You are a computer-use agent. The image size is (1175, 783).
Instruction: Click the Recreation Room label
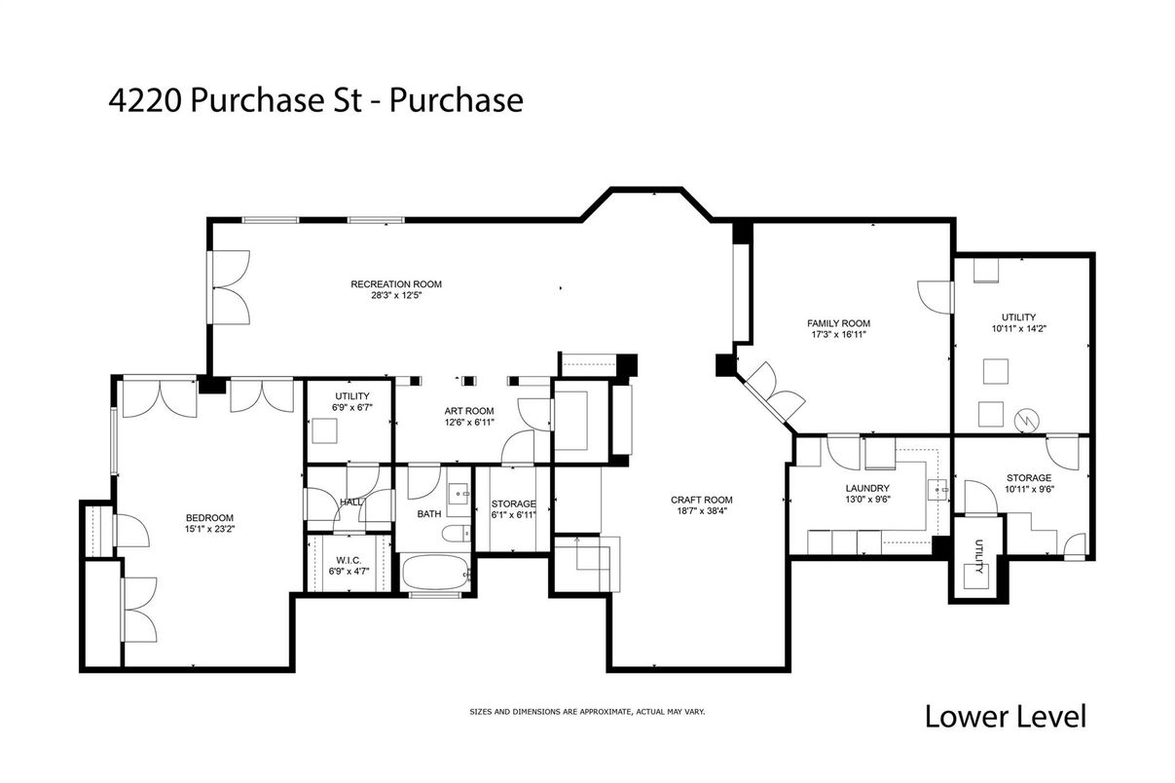(x=396, y=284)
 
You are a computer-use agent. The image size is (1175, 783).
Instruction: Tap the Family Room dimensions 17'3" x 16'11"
(x=838, y=335)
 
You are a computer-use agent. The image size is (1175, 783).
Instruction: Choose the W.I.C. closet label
(x=349, y=558)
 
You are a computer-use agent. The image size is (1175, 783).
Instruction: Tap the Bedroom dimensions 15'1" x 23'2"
(x=210, y=529)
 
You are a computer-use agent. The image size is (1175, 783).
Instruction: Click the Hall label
(x=351, y=503)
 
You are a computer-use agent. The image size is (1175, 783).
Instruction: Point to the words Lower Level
(x=1005, y=717)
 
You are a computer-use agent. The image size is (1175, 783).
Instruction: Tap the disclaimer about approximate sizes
(x=587, y=712)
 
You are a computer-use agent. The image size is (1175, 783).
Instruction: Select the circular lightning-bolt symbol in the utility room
(x=1025, y=420)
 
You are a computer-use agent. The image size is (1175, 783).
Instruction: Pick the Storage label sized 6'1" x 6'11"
(x=513, y=503)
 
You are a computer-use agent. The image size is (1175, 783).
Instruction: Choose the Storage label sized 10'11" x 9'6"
(x=1028, y=477)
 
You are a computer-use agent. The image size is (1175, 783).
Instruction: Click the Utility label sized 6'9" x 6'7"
(x=351, y=395)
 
